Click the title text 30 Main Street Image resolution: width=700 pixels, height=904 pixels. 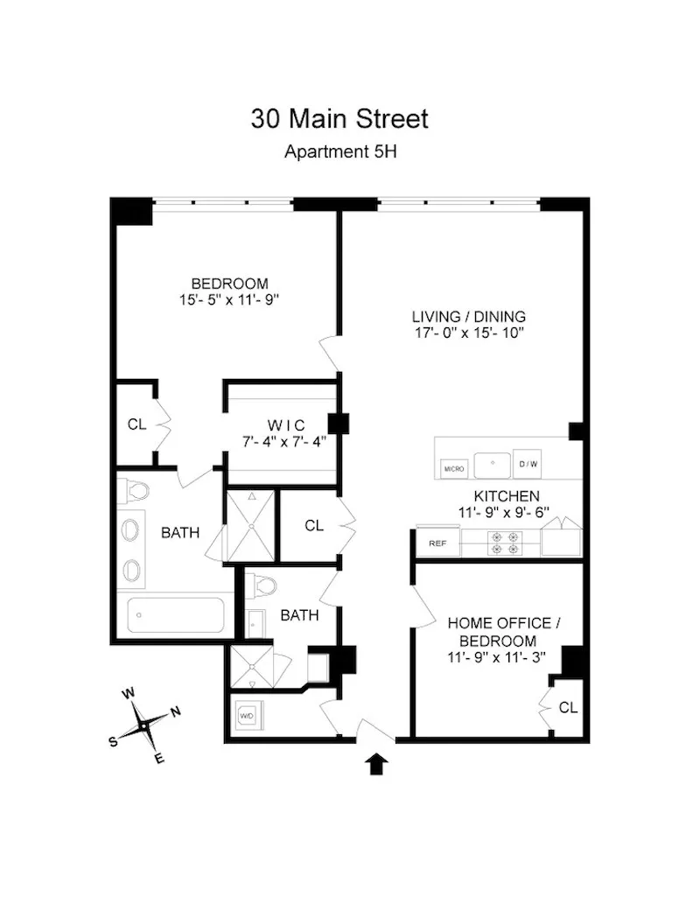[339, 118]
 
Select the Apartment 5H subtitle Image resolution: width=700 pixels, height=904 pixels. [340, 151]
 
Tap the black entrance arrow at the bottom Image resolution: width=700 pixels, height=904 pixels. [376, 764]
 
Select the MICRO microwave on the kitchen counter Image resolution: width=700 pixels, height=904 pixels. [454, 467]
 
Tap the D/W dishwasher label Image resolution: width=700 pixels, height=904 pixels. [528, 464]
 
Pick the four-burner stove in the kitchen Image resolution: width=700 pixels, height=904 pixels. [507, 543]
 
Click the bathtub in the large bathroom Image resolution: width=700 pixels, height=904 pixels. [179, 615]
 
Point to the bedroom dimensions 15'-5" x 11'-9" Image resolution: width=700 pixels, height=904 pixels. [229, 299]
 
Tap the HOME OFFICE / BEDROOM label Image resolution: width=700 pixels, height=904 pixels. [499, 632]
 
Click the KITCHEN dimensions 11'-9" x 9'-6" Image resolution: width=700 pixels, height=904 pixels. [500, 513]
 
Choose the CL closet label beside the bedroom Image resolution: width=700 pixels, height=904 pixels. [136, 424]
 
